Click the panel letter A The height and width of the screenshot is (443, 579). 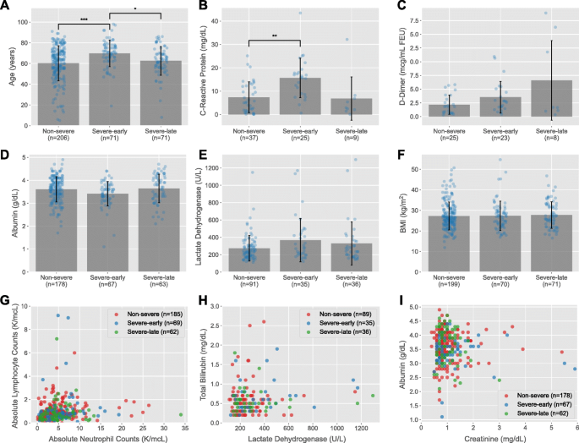coord(7,8)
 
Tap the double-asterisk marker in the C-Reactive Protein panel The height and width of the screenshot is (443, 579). coord(276,36)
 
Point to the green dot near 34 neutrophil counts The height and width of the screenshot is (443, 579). coord(181,414)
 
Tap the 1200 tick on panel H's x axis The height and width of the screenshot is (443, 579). coord(363,426)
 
